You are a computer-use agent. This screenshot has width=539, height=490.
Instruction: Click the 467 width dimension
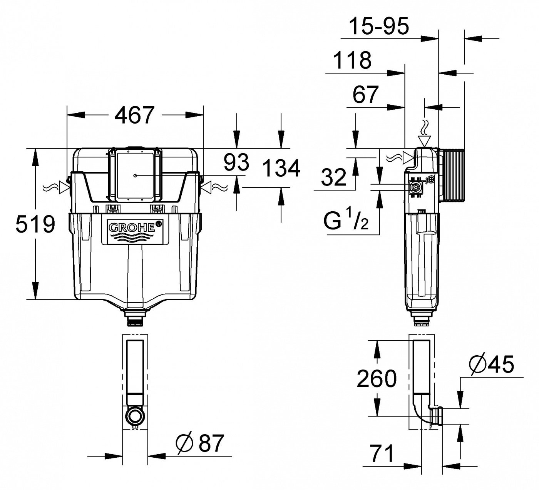tap(135, 115)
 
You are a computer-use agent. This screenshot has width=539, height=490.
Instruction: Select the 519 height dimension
tap(35, 224)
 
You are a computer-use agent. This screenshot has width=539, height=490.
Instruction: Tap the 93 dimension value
tap(236, 162)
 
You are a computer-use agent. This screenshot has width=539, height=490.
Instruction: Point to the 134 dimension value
tap(281, 169)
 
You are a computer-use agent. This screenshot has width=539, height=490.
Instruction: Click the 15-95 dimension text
tap(378, 26)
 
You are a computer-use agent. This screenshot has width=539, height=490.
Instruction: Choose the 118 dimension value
tap(352, 60)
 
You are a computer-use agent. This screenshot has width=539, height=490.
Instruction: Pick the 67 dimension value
tap(365, 95)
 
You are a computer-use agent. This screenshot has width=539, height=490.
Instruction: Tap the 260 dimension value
tap(377, 378)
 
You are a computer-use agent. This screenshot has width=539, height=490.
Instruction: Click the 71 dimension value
tap(381, 453)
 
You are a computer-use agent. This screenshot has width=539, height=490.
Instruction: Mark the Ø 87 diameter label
tap(200, 443)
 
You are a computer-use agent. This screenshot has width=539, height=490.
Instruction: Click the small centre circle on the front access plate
tap(135, 176)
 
